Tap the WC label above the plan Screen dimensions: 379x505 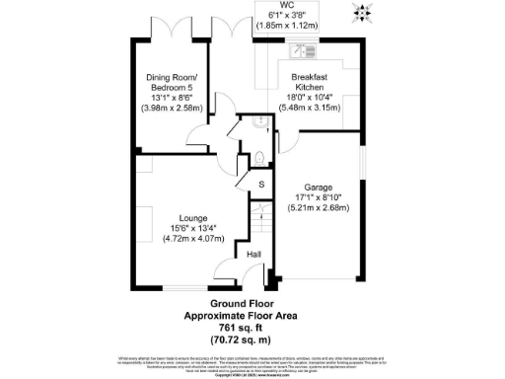[x=287, y=5]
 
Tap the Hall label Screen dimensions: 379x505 [x=252, y=256]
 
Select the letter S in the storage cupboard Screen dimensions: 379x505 [x=261, y=185]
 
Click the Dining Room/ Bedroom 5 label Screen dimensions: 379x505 [x=172, y=83]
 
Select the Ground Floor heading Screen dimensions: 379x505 [x=252, y=304]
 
